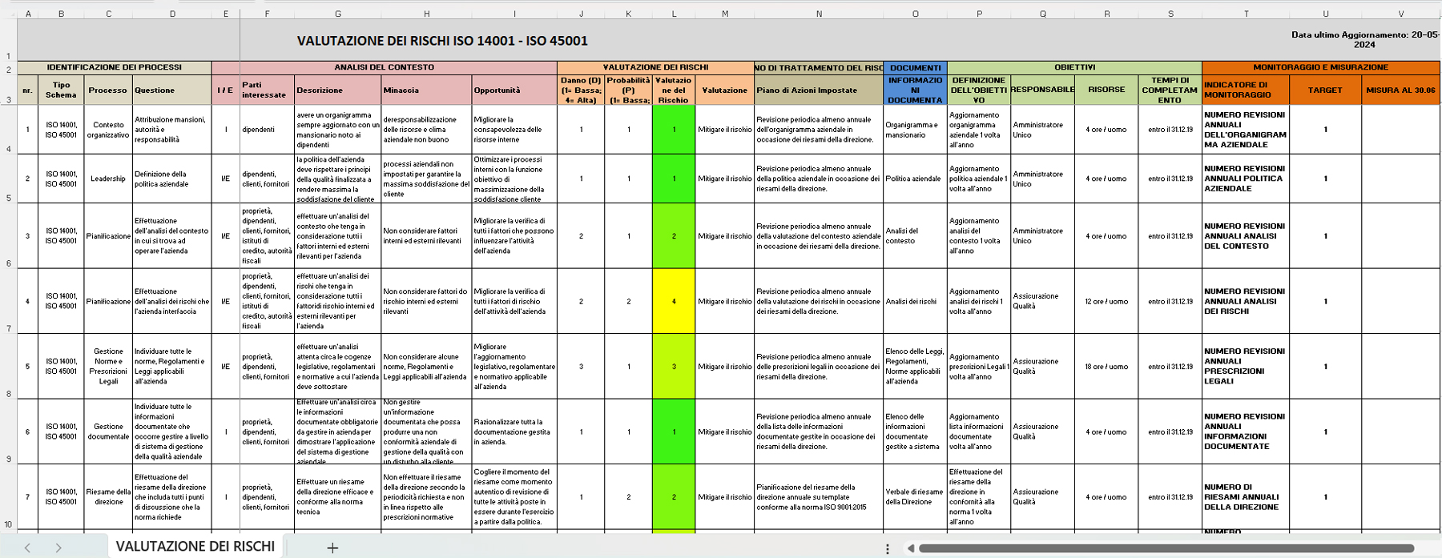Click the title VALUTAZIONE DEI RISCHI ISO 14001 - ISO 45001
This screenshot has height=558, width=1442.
[x=442, y=41]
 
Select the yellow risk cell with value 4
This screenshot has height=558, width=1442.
[x=674, y=302]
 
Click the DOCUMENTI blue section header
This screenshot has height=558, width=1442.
[x=915, y=68]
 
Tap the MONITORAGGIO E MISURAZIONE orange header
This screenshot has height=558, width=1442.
[x=1320, y=67]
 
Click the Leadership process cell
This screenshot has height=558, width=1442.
[x=108, y=179]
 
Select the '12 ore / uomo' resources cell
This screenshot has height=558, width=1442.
[x=1106, y=302]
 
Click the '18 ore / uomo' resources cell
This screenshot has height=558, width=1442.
[x=1106, y=367]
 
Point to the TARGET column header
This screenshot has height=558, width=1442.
[x=1325, y=90]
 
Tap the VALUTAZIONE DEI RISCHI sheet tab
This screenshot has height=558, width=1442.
[x=195, y=546]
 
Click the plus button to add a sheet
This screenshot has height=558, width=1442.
[x=332, y=548]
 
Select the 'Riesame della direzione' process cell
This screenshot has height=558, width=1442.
[x=108, y=497]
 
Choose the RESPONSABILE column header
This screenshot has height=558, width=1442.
[x=1042, y=90]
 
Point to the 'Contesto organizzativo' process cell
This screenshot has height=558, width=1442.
[x=108, y=130]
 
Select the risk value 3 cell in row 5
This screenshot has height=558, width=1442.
[x=674, y=367]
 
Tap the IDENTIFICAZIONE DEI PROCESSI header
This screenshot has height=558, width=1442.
[x=114, y=68]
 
